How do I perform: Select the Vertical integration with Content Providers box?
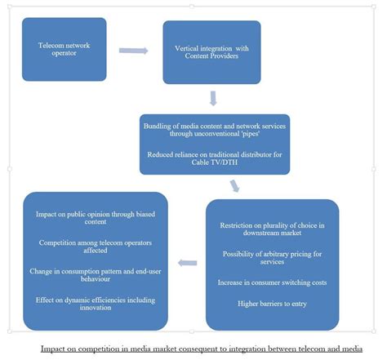coord(211,51)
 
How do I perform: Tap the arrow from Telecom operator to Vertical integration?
coord(133,51)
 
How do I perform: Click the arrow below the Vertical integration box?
coord(213,99)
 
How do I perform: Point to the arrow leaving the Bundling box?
coord(235,185)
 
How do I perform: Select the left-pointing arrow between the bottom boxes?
coord(187,263)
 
